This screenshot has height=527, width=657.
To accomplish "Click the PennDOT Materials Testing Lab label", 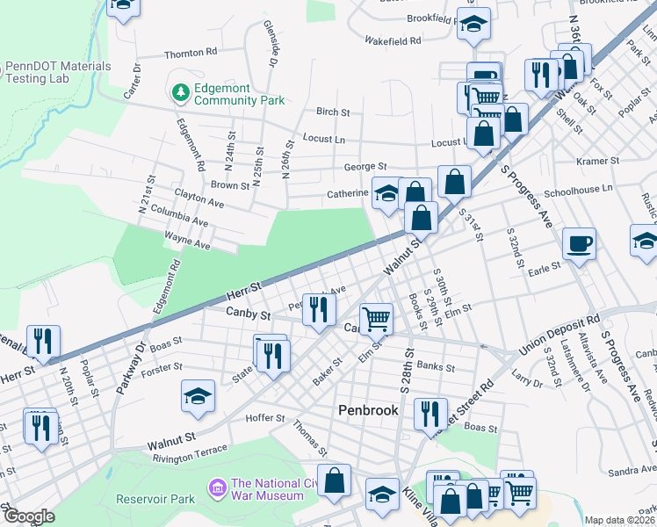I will pyautogui.click(x=58, y=72).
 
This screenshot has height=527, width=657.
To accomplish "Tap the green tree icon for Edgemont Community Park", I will pyautogui.click(x=181, y=92).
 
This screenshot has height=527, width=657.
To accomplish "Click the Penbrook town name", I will pyautogui.click(x=369, y=410).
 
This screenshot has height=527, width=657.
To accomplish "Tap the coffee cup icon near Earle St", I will pyautogui.click(x=579, y=242).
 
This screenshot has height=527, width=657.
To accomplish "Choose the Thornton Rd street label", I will pyautogui.click(x=190, y=53).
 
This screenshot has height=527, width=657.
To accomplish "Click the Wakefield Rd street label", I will pyautogui.click(x=393, y=40).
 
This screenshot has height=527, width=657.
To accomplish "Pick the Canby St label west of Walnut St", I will pyautogui.click(x=245, y=312).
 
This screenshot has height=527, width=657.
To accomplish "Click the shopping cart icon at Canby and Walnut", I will pyautogui.click(x=376, y=318).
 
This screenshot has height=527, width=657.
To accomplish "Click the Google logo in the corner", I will pyautogui.click(x=28, y=516).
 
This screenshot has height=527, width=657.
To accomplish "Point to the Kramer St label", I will pyautogui.click(x=599, y=162).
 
